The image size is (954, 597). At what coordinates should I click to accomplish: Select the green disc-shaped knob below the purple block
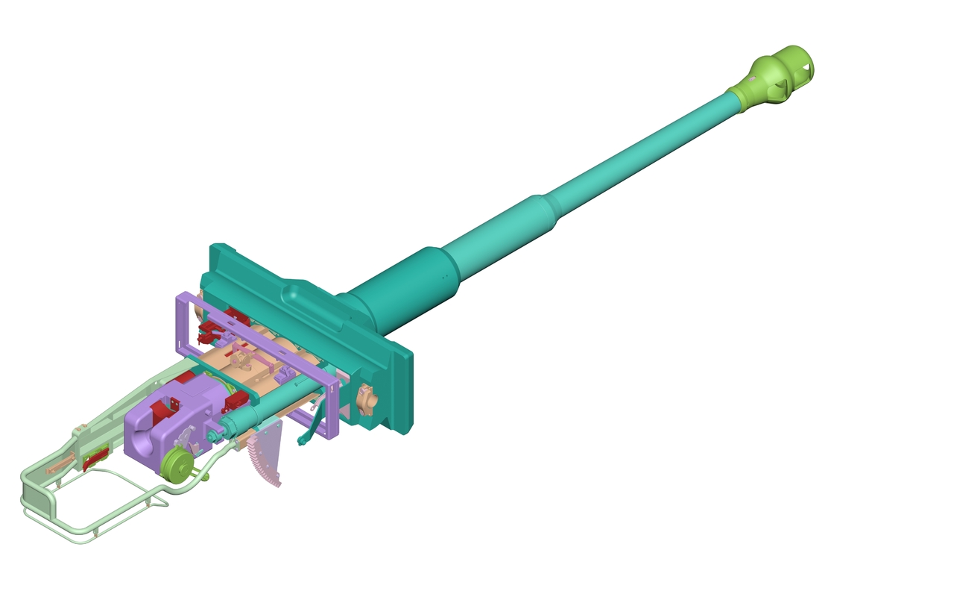177,464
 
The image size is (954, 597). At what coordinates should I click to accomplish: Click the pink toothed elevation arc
267,455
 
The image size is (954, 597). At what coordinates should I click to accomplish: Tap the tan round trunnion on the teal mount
366,399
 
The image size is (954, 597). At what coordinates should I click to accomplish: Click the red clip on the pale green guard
95,457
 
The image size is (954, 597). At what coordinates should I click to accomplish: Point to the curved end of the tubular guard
30,500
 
